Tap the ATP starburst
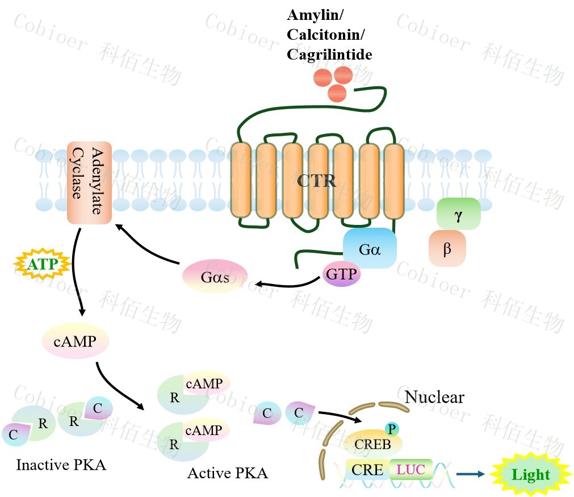tap(42, 264)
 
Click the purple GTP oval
tap(341, 275)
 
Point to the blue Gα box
tap(370, 248)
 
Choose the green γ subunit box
tap(458, 215)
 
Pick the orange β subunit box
tap(447, 248)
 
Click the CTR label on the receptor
tap(317, 182)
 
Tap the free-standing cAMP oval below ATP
tap(75, 341)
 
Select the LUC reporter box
tap(411, 470)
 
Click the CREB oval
tap(373, 444)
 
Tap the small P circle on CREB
tap(391, 429)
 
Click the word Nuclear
tap(434, 396)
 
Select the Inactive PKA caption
tap(61, 465)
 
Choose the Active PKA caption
tap(228, 473)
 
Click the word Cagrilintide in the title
tap(329, 54)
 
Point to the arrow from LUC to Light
tap(473, 473)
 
